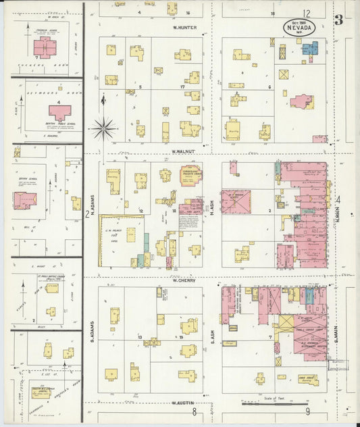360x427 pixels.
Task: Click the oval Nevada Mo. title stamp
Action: (x=298, y=28)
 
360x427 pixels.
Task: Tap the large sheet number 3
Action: (x=338, y=20)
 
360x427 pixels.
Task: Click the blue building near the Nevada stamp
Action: (x=309, y=49)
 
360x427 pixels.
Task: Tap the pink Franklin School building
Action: (x=45, y=47)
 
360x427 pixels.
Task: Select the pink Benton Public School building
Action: (x=59, y=112)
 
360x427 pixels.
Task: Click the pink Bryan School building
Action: (x=25, y=200)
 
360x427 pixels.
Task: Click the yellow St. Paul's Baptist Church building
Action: (x=51, y=288)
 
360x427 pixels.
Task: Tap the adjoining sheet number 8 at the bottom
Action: (x=195, y=411)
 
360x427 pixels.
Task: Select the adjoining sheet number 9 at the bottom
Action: (x=307, y=411)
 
